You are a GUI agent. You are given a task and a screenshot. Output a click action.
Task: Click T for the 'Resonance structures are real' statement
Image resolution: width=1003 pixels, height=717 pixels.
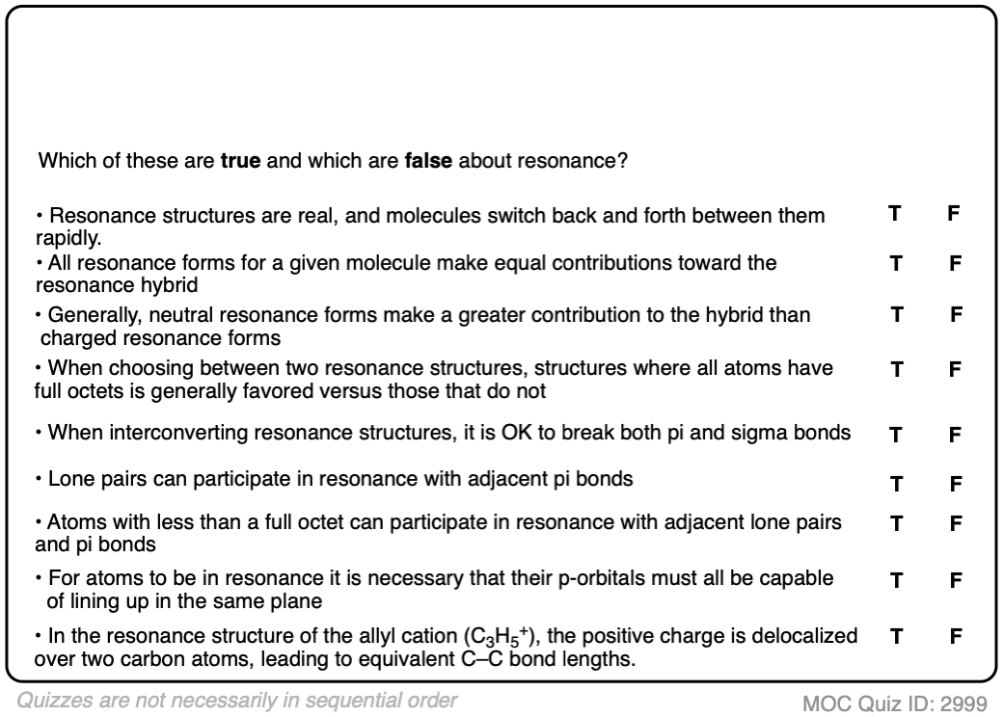tap(895, 214)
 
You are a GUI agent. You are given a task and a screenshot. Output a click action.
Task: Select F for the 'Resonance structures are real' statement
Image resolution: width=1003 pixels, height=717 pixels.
tap(954, 214)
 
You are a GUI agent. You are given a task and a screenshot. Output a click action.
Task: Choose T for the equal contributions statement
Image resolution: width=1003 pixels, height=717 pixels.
tap(895, 262)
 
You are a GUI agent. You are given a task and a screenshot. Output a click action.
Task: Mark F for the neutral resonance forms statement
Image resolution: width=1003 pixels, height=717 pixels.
tap(956, 314)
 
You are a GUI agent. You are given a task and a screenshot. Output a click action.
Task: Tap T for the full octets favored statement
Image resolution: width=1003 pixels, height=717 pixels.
tap(895, 368)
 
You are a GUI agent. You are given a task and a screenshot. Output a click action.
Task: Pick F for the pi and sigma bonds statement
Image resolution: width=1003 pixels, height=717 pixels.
tap(955, 435)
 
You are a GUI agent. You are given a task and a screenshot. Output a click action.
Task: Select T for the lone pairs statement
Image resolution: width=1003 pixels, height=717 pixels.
tap(895, 485)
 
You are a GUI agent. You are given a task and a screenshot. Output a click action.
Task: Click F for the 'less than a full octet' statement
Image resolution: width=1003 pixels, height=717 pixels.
tap(955, 525)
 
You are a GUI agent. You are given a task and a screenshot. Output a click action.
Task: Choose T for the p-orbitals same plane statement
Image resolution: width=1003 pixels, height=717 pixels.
tap(895, 581)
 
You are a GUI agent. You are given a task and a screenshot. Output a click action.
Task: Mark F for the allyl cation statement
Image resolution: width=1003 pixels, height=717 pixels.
tap(955, 637)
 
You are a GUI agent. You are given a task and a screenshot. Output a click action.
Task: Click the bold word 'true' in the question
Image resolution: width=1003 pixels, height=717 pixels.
tap(241, 160)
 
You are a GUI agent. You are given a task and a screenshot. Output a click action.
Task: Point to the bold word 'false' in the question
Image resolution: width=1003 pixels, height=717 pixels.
tap(428, 160)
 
